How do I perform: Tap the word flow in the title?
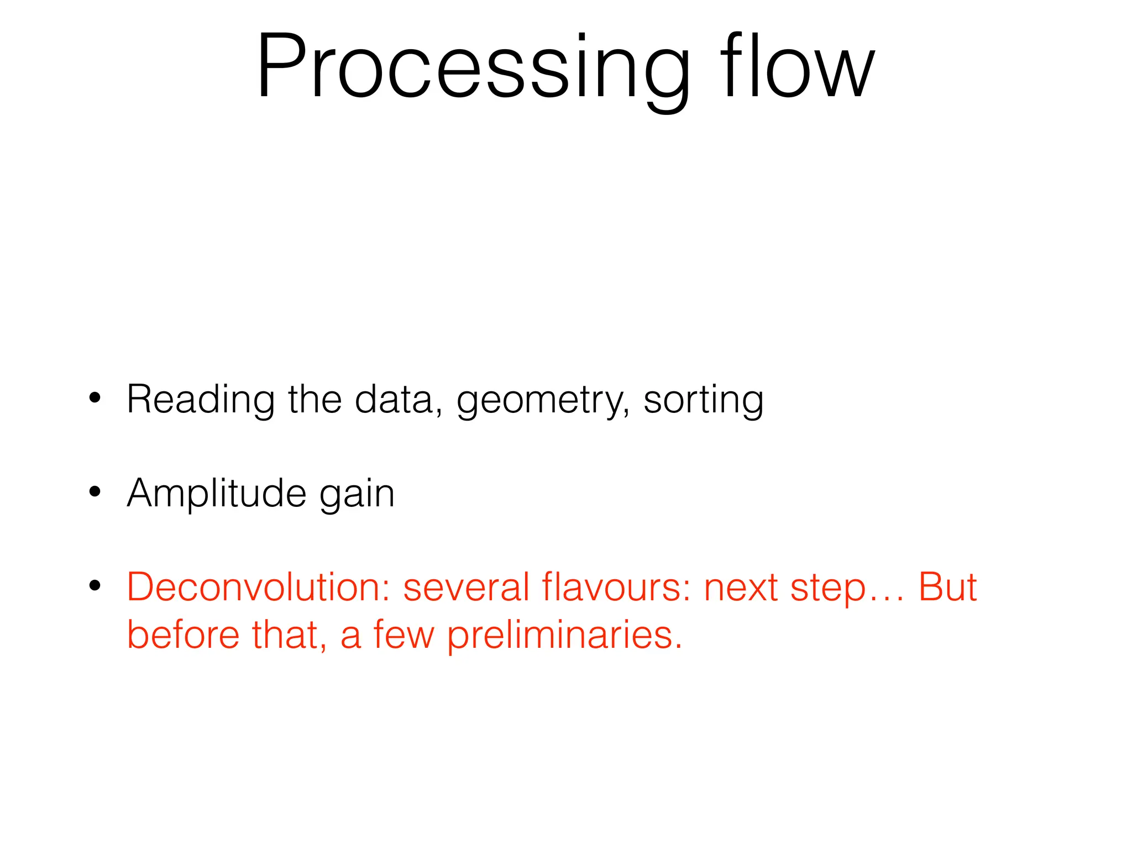point(797,67)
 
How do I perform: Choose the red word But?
point(947,587)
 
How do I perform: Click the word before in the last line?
point(183,635)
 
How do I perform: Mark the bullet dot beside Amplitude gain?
point(95,491)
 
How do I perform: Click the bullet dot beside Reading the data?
point(95,397)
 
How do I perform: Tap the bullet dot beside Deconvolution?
point(95,585)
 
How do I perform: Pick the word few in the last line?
point(403,635)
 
